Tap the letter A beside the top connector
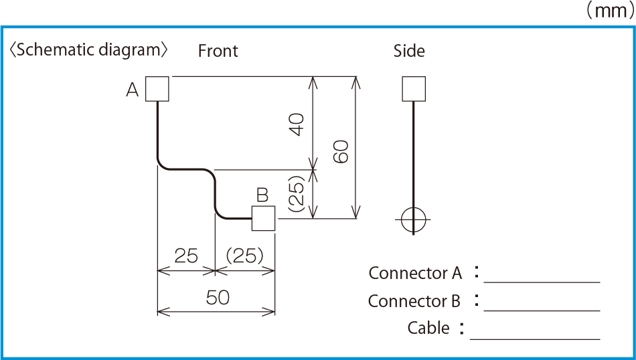133,90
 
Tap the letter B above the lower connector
262,195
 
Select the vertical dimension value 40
297,124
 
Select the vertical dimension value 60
341,152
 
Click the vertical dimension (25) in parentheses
297,193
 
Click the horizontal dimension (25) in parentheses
244,256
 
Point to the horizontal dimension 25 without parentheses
186,256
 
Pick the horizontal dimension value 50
218,298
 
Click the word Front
218,51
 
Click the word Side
409,51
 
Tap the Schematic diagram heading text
88,50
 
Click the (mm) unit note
610,11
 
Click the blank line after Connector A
542,281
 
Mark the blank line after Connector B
542,310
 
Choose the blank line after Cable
535,339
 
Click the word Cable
428,328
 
